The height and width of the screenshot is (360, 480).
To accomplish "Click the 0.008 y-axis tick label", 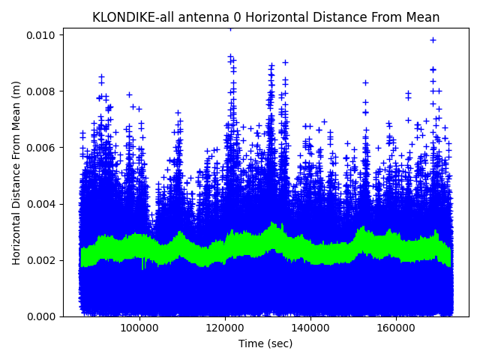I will tap(42, 91).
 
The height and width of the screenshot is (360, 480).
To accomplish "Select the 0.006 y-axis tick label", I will tap(42, 148).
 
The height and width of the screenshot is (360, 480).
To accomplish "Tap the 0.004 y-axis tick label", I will tap(42, 204).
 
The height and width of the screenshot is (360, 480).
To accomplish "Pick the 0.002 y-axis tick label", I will tap(42, 260).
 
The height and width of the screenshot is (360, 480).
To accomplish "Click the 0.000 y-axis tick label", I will tap(42, 316).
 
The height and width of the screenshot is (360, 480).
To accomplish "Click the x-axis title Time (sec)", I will tap(265, 343).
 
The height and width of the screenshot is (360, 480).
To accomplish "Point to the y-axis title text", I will tap(16, 172).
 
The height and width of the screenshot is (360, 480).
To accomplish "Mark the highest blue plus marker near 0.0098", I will tap(433, 40).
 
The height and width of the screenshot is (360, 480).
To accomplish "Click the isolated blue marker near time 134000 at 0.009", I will tap(285, 62).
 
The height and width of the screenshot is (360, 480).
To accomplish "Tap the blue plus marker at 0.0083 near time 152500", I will tap(365, 82).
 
